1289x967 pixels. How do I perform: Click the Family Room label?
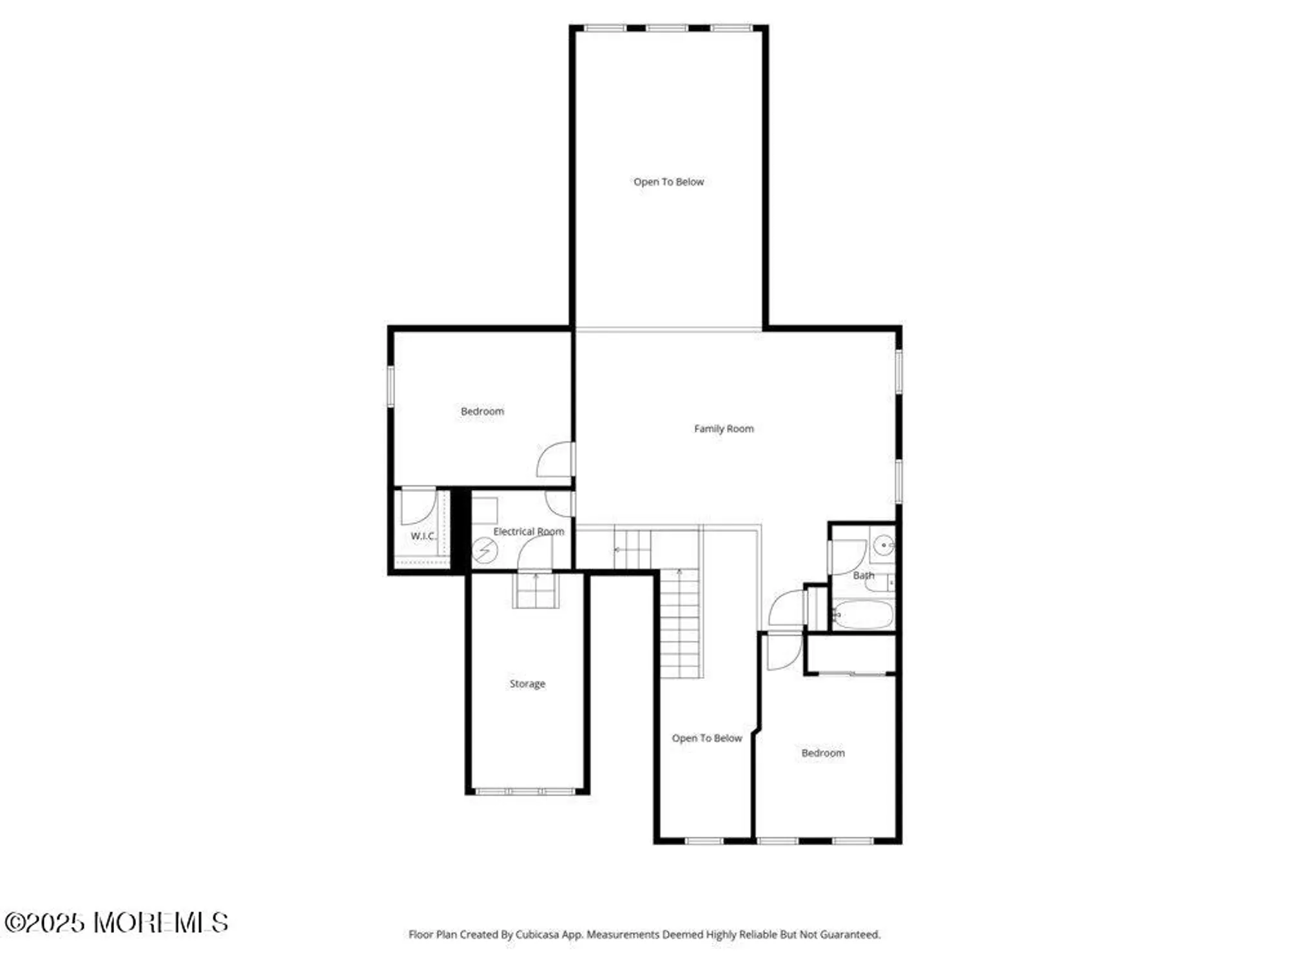click(x=724, y=429)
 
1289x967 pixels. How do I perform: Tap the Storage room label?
click(x=527, y=684)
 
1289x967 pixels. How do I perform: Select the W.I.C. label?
click(x=423, y=536)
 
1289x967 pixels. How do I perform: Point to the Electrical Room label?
click(x=528, y=532)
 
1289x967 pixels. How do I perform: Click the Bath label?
click(x=864, y=576)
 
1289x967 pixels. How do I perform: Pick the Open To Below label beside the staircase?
click(x=707, y=738)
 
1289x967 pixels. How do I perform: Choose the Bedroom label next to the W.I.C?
click(x=482, y=411)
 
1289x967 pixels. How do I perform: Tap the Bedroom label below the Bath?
click(x=823, y=753)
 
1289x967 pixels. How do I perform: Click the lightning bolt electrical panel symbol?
click(x=485, y=551)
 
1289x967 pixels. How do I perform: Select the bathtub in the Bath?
click(x=862, y=615)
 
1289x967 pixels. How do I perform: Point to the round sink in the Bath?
click(x=883, y=545)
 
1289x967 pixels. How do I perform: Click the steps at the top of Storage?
click(x=536, y=591)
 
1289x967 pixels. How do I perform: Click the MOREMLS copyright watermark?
click(x=116, y=923)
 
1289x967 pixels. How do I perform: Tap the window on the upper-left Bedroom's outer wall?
click(x=390, y=386)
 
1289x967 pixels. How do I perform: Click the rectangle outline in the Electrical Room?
click(x=485, y=511)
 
